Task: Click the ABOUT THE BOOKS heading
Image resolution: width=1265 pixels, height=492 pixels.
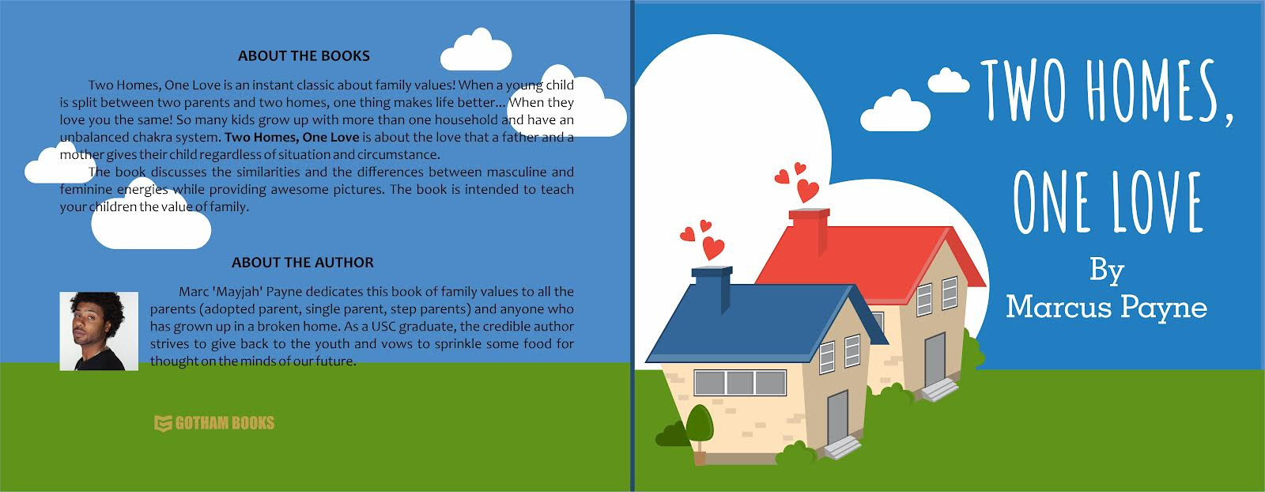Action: click(x=304, y=56)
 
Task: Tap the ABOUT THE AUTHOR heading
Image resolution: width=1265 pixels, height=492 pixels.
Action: click(x=303, y=263)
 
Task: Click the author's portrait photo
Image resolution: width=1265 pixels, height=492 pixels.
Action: click(x=99, y=331)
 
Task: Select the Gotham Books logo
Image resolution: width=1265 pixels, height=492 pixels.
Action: click(x=214, y=423)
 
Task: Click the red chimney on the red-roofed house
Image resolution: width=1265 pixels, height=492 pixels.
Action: click(x=810, y=229)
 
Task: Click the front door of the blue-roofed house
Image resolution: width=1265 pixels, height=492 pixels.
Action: click(x=837, y=417)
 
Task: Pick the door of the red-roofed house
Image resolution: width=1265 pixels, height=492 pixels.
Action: click(x=935, y=359)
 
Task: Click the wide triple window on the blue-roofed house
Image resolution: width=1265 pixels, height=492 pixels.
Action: click(x=740, y=382)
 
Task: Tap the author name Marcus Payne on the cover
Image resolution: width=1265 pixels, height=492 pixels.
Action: click(x=1106, y=308)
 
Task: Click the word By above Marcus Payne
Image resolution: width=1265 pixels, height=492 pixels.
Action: click(x=1107, y=272)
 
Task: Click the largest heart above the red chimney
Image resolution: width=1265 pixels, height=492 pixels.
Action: click(x=807, y=191)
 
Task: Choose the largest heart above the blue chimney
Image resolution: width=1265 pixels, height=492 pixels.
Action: click(x=713, y=248)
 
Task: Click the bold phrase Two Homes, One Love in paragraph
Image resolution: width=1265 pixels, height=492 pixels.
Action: click(x=292, y=138)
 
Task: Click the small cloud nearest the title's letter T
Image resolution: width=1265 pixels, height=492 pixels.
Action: click(x=949, y=81)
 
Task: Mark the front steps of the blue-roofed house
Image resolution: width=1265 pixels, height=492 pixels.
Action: click(x=843, y=448)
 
